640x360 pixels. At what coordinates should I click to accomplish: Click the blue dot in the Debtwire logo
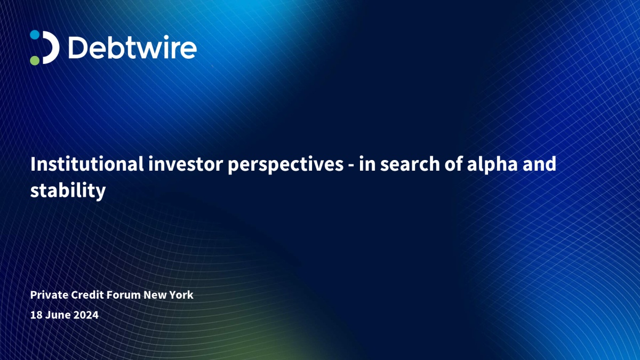[35, 35]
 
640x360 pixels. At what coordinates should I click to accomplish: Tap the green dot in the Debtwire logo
[35, 60]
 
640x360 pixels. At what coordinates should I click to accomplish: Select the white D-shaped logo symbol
[51, 47]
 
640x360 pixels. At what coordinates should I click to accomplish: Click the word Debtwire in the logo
[133, 47]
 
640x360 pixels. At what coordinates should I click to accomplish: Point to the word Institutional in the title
[87, 164]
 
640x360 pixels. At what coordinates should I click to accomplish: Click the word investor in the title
[186, 164]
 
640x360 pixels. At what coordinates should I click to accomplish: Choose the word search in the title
[410, 164]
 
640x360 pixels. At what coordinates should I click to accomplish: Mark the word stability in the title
[68, 191]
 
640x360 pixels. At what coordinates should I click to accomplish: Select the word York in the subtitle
[181, 295]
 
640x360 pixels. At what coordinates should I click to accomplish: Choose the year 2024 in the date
[86, 315]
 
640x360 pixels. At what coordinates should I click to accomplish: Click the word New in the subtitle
[155, 295]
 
